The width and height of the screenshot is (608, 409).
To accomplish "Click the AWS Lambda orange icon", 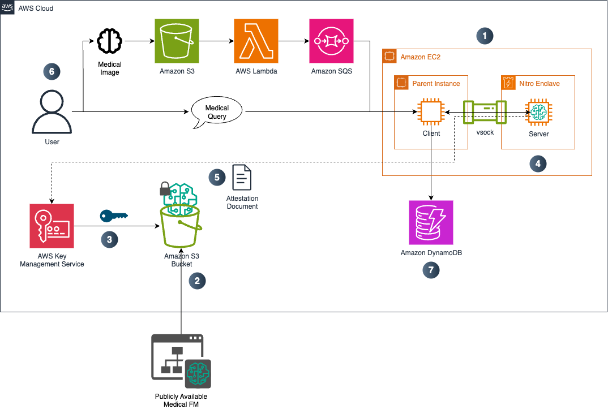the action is (256, 41).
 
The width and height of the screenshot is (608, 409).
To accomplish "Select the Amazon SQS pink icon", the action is (332, 41).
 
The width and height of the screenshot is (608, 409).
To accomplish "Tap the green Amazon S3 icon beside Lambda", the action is (177, 41).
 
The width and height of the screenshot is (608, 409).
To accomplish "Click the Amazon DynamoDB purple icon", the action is (431, 223).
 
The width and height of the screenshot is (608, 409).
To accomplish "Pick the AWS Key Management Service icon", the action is (52, 226).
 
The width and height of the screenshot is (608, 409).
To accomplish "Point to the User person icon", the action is (52, 111).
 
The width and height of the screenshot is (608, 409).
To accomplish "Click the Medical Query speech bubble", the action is (217, 113).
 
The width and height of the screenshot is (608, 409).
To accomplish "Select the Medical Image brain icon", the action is (110, 41).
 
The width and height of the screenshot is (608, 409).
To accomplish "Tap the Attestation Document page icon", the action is (242, 178).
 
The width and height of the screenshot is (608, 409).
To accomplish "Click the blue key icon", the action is (114, 216).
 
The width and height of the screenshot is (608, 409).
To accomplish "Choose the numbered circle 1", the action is (485, 36).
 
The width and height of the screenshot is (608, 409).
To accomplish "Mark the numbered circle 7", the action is (431, 270).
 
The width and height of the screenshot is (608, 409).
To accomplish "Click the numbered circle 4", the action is (538, 164).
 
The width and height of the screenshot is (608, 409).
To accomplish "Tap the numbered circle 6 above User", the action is (52, 72).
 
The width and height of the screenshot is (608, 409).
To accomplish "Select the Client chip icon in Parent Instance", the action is (431, 113).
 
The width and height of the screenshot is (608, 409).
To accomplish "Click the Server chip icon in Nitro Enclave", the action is (538, 113).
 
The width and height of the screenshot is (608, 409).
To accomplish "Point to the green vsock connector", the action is (485, 113).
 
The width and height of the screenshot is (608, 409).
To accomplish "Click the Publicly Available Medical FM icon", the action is (181, 361).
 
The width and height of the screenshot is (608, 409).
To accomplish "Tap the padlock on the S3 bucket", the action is (165, 188).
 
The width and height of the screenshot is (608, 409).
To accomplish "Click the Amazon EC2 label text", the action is (420, 57).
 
